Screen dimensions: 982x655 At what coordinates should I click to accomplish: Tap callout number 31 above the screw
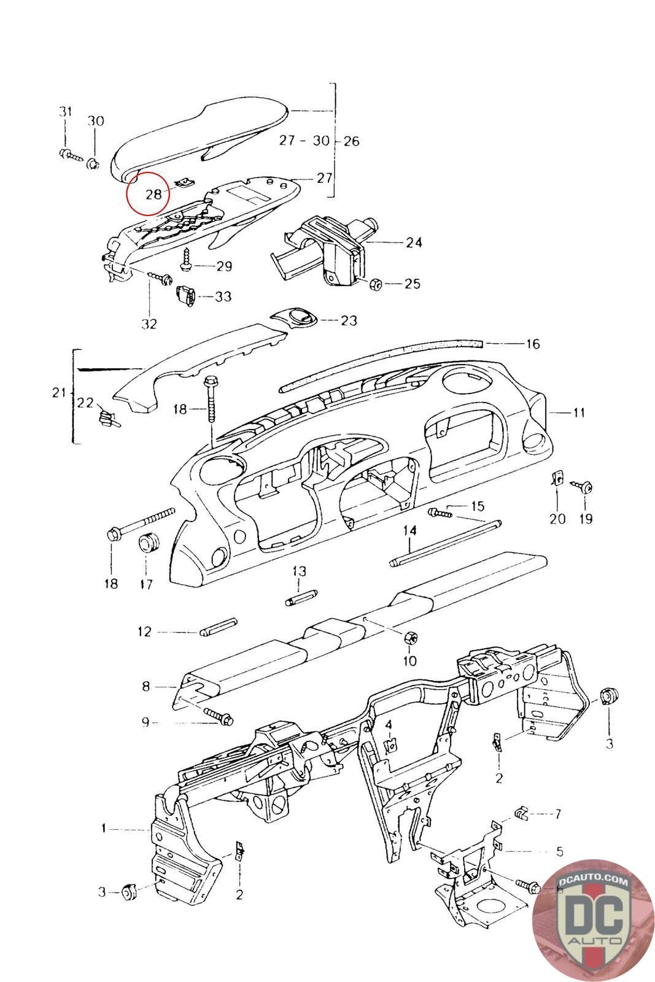[x=65, y=112]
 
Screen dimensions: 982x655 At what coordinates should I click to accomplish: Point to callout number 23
[x=349, y=320]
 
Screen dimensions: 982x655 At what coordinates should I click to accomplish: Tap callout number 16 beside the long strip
[x=533, y=344]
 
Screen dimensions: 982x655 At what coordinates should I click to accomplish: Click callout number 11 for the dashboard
[x=578, y=412]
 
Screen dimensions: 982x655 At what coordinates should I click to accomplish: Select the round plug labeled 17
[x=148, y=543]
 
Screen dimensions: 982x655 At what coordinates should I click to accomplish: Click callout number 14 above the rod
[x=409, y=530]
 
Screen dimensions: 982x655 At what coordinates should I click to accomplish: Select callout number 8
[x=146, y=686]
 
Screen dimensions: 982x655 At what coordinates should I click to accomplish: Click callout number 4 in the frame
[x=388, y=726]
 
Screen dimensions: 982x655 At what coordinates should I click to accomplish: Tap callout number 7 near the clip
[x=558, y=814]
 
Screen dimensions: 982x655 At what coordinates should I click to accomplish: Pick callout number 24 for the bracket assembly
[x=414, y=242]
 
